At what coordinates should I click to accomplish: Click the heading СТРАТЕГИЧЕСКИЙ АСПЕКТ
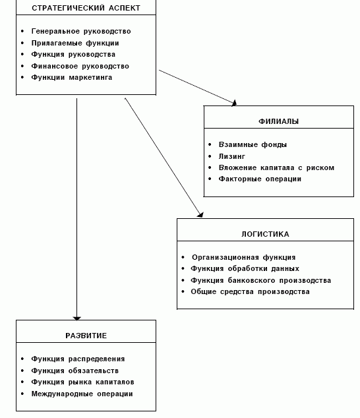click(x=86, y=8)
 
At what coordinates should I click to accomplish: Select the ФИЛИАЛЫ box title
click(x=278, y=121)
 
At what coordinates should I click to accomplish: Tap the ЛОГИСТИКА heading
click(x=265, y=234)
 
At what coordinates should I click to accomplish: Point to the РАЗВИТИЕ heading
click(x=86, y=336)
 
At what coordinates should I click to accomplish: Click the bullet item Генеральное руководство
click(x=81, y=32)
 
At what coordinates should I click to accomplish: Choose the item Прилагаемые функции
click(x=75, y=43)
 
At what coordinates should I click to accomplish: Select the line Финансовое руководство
click(x=80, y=66)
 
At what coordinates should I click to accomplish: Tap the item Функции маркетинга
click(x=72, y=78)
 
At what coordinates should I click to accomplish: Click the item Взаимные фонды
click(x=253, y=145)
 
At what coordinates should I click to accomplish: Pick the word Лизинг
click(x=231, y=156)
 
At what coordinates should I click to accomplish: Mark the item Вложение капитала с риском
click(x=276, y=167)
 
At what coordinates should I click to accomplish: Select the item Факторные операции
click(x=260, y=179)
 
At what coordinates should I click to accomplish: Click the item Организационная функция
click(x=243, y=258)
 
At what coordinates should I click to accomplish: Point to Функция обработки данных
click(x=245, y=269)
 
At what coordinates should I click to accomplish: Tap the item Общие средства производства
click(x=250, y=291)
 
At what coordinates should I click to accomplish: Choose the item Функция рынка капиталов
click(x=82, y=382)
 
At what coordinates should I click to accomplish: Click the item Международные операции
click(x=82, y=394)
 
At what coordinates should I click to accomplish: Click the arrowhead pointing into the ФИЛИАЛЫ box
click(x=234, y=103)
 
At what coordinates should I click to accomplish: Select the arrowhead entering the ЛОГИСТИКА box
click(x=200, y=215)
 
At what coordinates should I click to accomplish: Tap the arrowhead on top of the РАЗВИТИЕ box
click(x=76, y=318)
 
